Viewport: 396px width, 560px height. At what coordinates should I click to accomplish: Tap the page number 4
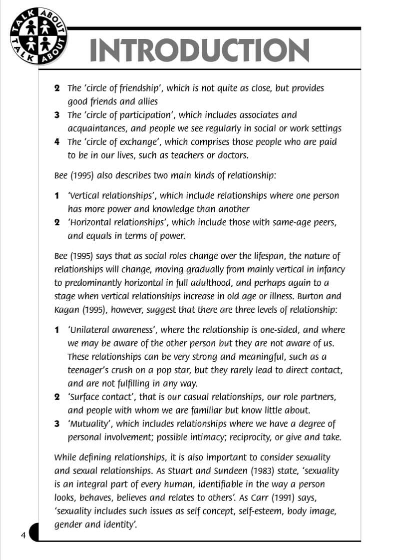pos(23,536)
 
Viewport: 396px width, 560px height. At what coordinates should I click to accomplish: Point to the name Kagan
pos(65,310)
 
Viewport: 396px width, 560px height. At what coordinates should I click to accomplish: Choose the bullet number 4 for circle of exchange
pos(57,142)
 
